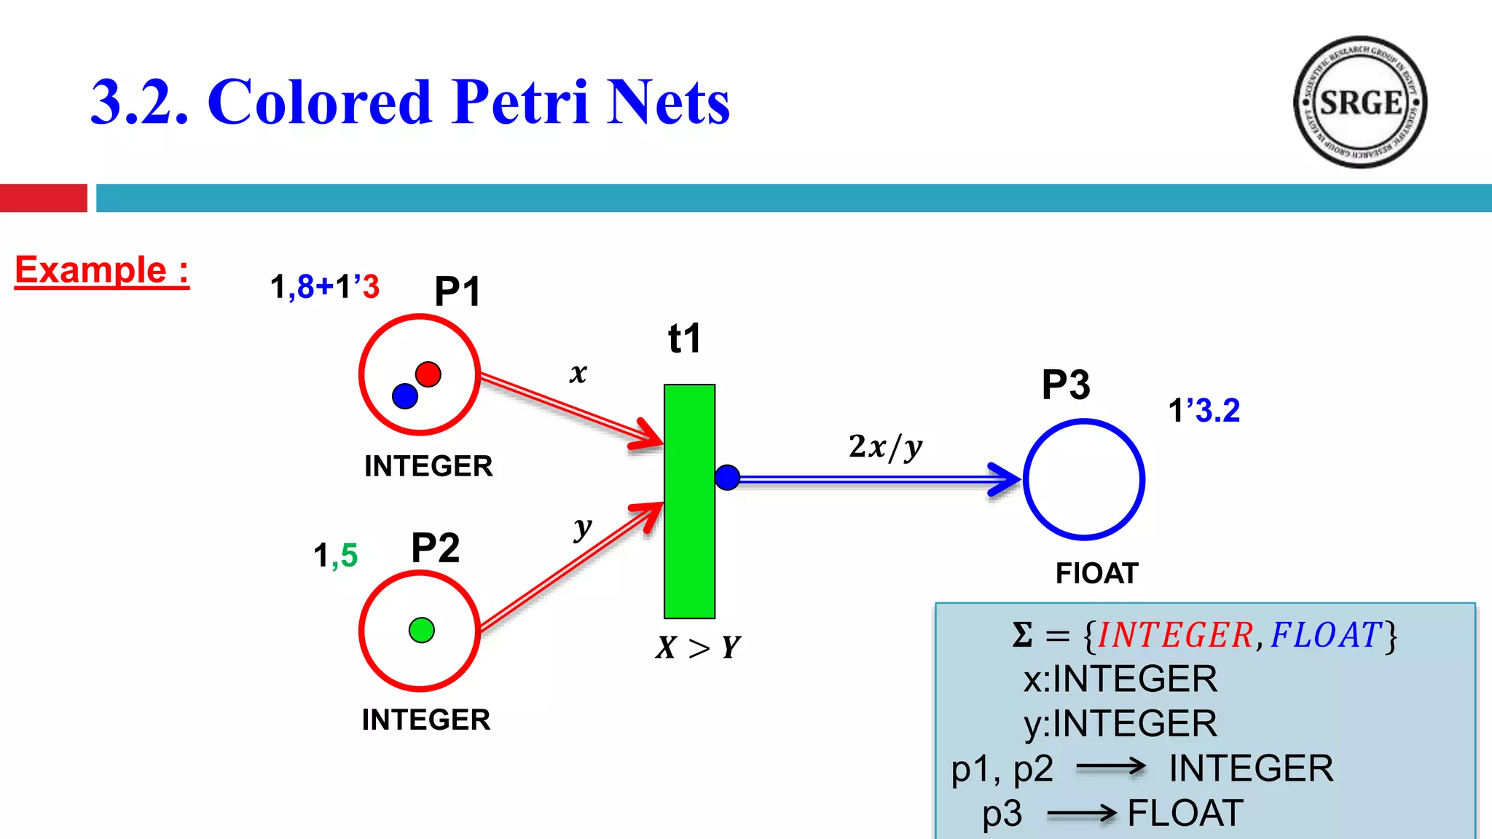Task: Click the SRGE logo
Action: tap(1359, 102)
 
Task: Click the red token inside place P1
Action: tap(428, 374)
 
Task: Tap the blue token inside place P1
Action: tap(405, 396)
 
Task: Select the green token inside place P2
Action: tap(422, 630)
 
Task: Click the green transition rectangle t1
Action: tap(689, 501)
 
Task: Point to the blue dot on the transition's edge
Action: tap(727, 478)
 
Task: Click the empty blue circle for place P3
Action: tap(1084, 480)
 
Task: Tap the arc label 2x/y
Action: tap(885, 446)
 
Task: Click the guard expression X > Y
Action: tap(698, 647)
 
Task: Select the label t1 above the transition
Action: tap(684, 339)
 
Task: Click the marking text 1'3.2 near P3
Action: tap(1204, 410)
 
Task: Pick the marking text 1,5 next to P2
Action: tap(335, 555)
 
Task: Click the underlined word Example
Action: tap(92, 270)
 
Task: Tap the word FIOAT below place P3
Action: tap(1096, 573)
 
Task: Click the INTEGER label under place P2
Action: tap(426, 720)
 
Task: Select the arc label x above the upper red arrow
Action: tap(578, 373)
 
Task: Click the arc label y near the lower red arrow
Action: tap(582, 527)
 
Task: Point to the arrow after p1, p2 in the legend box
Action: tap(1110, 767)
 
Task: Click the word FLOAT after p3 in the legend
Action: tap(1185, 813)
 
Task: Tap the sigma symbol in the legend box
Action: tap(1022, 635)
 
